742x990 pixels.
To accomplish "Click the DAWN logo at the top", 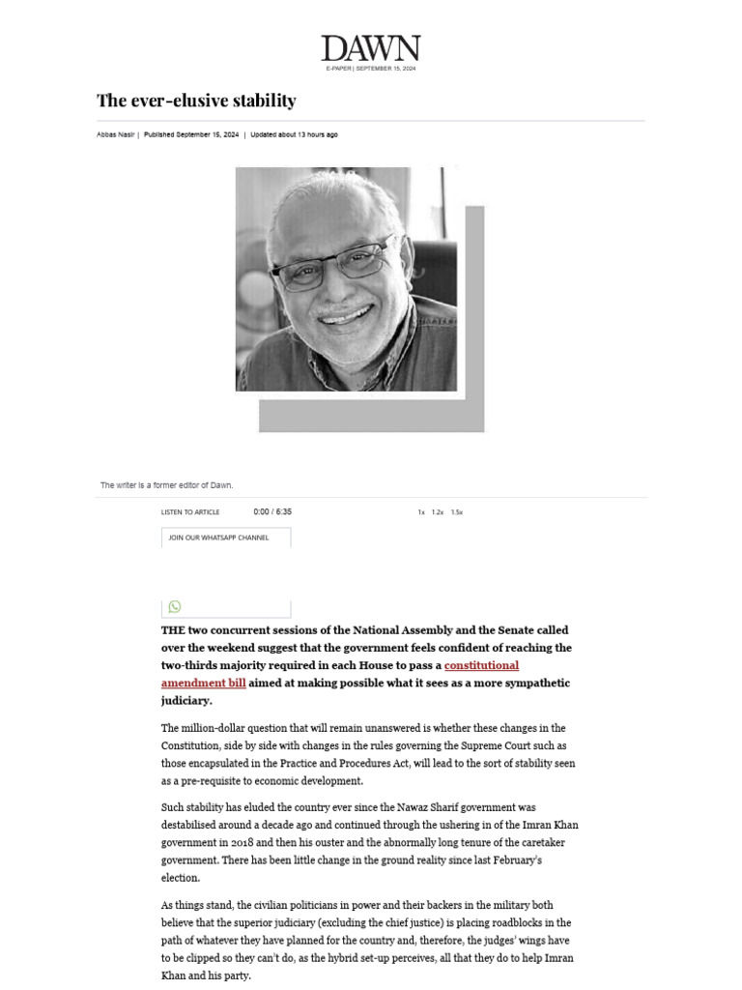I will pyautogui.click(x=371, y=48).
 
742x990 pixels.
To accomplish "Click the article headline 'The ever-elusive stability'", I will pyautogui.click(x=196, y=101).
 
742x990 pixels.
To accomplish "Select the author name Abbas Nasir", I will pyautogui.click(x=115, y=135).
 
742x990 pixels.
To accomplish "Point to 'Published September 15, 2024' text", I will pyautogui.click(x=191, y=135).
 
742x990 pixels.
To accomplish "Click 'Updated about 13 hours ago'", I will pyautogui.click(x=294, y=135).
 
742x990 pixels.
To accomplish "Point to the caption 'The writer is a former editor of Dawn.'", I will pyautogui.click(x=167, y=485).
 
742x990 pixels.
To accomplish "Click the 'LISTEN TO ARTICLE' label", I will pyautogui.click(x=190, y=512).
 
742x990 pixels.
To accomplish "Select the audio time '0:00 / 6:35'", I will pyautogui.click(x=272, y=512).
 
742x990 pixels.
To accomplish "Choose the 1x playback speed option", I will pyautogui.click(x=421, y=512).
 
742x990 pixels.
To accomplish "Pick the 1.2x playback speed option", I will pyautogui.click(x=438, y=512).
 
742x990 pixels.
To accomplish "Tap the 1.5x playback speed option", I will pyautogui.click(x=457, y=512).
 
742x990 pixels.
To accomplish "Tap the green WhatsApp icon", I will pyautogui.click(x=175, y=606).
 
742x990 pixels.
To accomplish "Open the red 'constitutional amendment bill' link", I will pyautogui.click(x=481, y=665).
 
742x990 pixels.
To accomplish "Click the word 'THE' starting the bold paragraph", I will pyautogui.click(x=172, y=630).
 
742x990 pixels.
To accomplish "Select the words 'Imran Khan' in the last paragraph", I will pyautogui.click(x=552, y=958).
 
